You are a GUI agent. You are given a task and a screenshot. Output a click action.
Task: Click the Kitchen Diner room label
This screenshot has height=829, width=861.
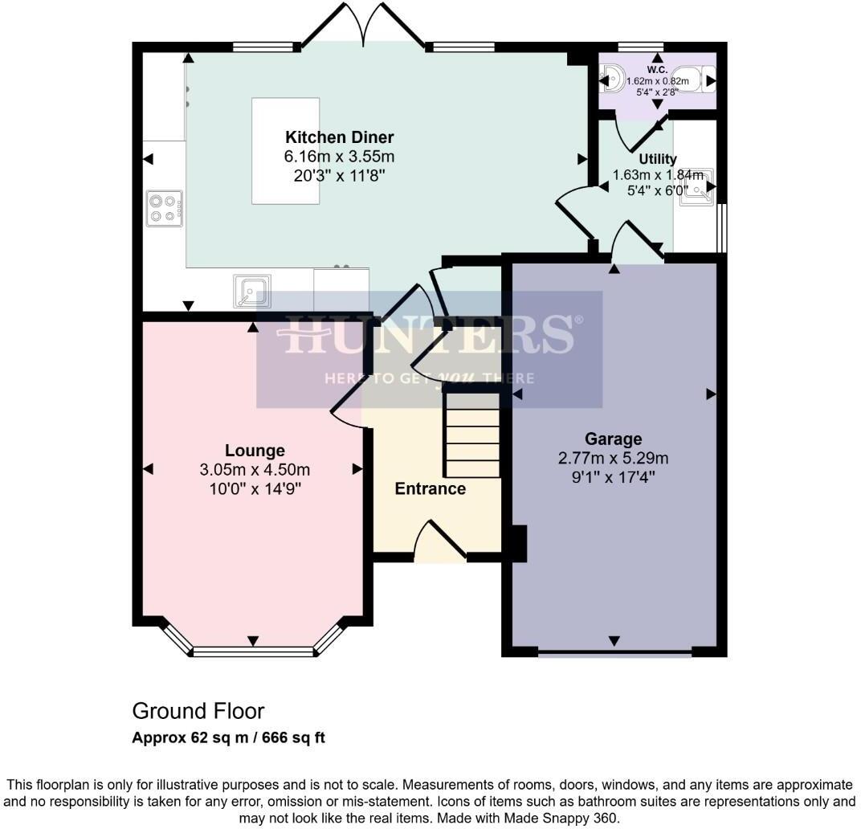point(340,137)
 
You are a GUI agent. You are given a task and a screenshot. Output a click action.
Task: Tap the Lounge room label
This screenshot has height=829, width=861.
point(255,451)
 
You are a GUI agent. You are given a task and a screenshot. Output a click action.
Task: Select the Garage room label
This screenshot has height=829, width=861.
point(613,439)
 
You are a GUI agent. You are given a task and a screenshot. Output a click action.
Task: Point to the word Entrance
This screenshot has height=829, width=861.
point(430,488)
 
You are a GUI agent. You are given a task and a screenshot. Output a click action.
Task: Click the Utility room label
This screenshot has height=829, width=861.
point(657,159)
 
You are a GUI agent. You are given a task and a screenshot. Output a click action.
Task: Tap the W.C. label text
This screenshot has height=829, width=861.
point(657,70)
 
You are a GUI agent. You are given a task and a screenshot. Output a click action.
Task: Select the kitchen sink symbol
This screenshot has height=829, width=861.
point(251,291)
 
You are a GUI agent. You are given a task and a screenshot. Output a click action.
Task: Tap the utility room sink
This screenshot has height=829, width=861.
point(696,186)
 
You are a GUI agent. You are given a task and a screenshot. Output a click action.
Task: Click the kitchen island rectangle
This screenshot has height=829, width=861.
point(286,151)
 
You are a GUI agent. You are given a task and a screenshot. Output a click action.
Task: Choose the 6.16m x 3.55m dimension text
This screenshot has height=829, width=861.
point(340,156)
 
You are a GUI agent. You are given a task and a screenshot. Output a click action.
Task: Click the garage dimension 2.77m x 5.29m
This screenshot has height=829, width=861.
point(613,459)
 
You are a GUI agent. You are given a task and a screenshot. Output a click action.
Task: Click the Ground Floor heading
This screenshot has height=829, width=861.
point(198,711)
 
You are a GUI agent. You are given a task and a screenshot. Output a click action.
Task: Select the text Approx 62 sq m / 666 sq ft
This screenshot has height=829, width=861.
point(228,737)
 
